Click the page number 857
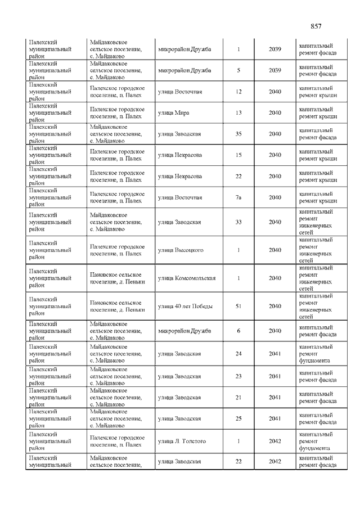coord(316,26)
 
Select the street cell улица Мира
coord(174,112)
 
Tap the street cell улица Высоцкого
coord(181,250)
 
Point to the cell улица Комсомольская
coord(187,278)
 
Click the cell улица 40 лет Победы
coord(183,306)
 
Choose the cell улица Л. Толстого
coord(182,441)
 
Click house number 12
coord(238,92)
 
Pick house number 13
coord(238,112)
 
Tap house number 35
coord(238,134)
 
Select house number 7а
coord(238,197)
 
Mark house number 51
coord(238,306)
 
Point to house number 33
coord(238,222)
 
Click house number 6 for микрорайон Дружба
coord(238,331)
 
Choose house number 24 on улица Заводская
coord(238,354)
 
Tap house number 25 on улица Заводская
coord(238,419)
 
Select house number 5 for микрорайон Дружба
coord(238,70)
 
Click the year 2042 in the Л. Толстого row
coord(274,441)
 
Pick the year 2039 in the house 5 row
coord(274,70)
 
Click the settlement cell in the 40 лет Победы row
coord(118,306)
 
